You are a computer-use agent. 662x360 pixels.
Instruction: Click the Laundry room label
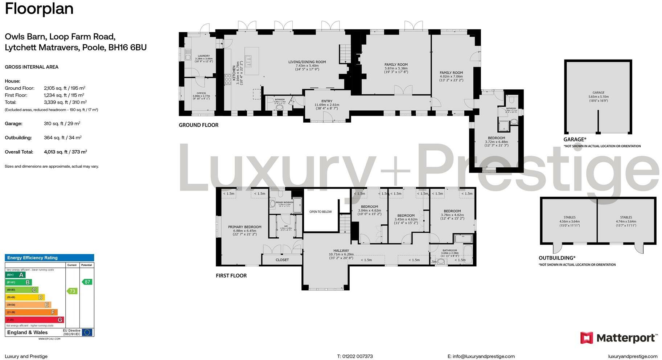203,56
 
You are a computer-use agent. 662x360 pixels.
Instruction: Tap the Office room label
201,93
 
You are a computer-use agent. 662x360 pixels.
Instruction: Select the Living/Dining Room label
307,62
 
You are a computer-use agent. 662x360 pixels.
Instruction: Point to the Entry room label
326,101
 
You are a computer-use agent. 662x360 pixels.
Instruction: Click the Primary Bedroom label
244,227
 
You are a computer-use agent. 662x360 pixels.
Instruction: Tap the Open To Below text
320,212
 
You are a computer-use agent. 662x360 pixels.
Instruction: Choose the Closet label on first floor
282,260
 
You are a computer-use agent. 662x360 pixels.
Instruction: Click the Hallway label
341,250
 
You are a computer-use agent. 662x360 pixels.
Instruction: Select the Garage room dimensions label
598,99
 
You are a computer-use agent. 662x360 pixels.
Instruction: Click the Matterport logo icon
587,338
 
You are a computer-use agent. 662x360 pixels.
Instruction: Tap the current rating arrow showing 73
72,291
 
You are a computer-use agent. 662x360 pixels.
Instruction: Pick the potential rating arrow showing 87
87,282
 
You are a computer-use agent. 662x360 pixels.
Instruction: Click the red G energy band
34,320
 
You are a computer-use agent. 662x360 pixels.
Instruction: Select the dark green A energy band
15,275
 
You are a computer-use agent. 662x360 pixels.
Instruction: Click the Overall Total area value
65,152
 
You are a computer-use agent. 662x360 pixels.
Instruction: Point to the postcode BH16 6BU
127,48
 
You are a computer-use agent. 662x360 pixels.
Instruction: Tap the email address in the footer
481,356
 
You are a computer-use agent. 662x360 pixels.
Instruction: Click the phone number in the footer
355,356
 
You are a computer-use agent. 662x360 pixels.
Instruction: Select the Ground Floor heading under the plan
198,125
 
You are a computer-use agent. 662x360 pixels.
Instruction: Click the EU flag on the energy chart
87,332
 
